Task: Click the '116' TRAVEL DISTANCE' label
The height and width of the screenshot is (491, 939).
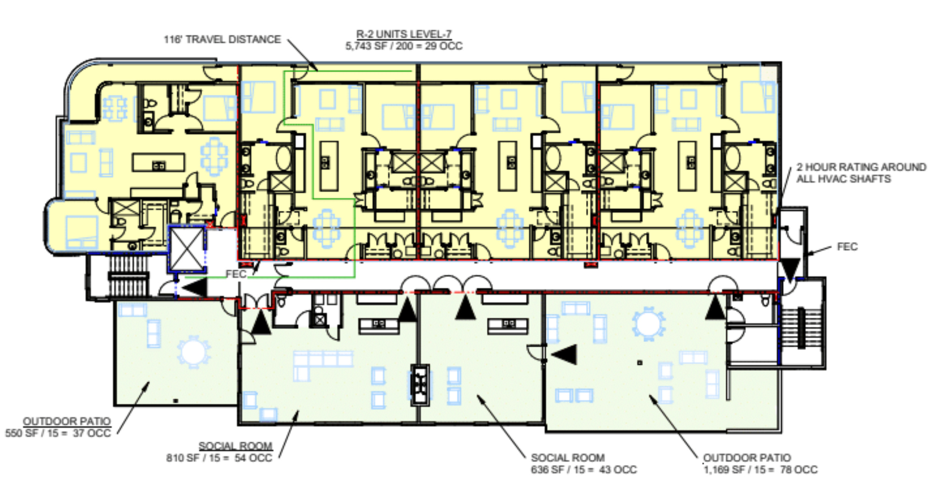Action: (x=222, y=39)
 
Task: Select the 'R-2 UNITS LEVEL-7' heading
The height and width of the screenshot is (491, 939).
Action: (x=403, y=34)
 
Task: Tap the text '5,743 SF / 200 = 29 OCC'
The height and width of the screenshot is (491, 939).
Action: (x=403, y=46)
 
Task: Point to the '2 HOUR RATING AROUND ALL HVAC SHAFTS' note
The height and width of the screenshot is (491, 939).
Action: (x=861, y=173)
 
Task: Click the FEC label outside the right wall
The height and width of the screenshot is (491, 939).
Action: (x=847, y=247)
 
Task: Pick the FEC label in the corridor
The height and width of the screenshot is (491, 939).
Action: (x=236, y=274)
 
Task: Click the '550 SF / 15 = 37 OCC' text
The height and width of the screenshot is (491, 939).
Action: (x=58, y=433)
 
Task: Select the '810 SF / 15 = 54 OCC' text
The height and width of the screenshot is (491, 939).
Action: (x=219, y=458)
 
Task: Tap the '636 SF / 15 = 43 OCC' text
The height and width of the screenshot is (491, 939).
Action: (x=584, y=469)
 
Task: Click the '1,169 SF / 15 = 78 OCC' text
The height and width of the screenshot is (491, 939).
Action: (x=761, y=469)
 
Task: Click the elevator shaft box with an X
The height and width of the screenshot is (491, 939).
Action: (x=187, y=249)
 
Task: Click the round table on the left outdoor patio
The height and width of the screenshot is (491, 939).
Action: (x=194, y=352)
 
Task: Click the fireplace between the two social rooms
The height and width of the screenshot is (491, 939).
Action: (x=420, y=384)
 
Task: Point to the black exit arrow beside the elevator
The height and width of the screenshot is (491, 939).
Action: (x=194, y=288)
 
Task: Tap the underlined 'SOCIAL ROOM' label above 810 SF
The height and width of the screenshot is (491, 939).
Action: (x=235, y=446)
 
